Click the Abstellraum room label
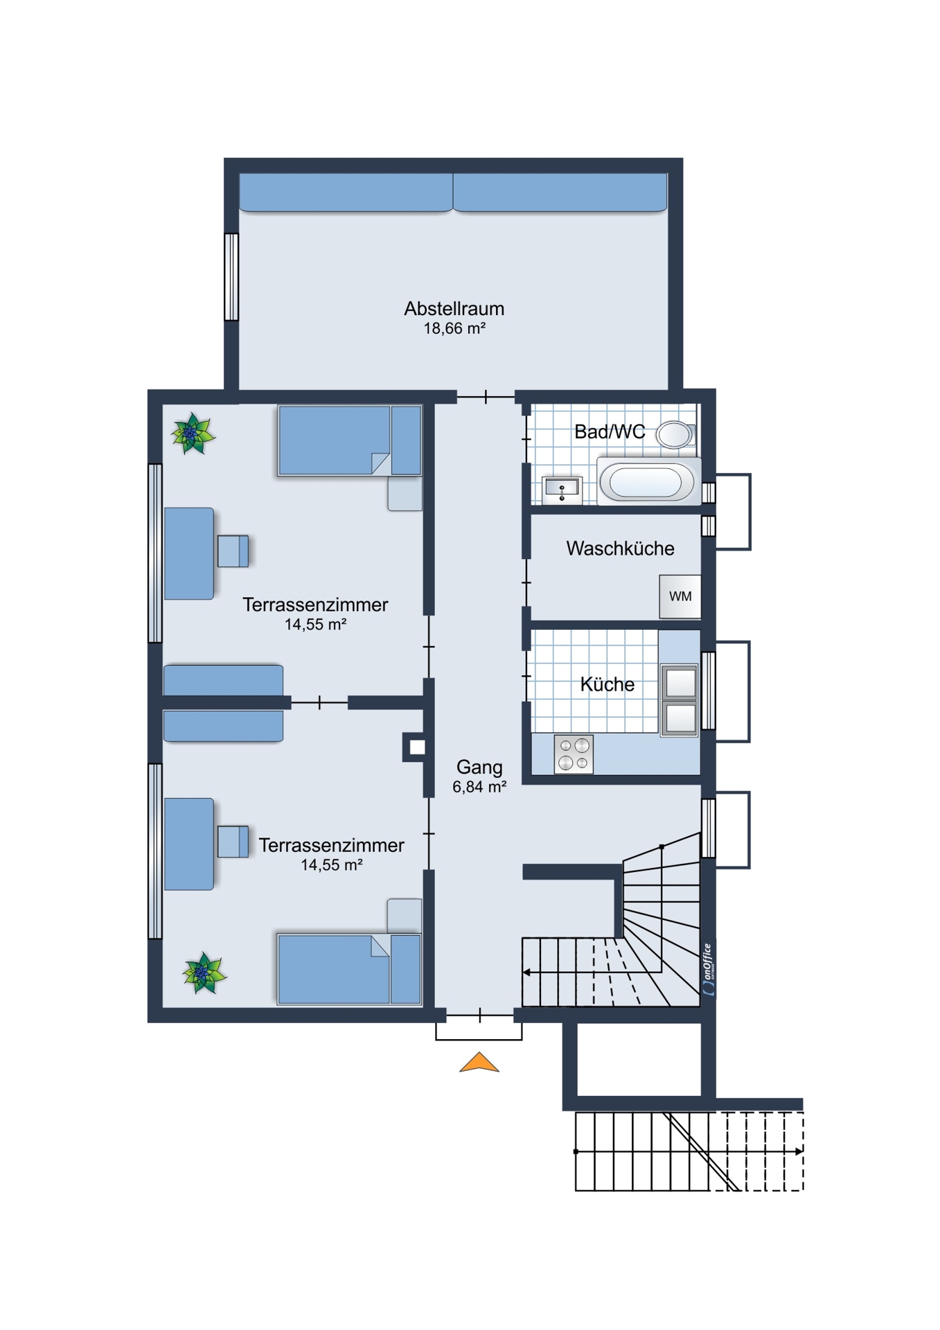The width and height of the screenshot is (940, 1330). [x=454, y=309]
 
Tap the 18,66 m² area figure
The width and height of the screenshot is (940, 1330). [x=454, y=328]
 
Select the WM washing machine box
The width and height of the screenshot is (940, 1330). [x=680, y=596]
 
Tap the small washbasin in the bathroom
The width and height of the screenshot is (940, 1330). [x=562, y=488]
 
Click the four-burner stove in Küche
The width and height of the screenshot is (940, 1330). [x=574, y=754]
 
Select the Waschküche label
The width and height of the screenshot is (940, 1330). [x=620, y=549]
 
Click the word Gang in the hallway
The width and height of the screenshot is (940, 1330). [x=479, y=768]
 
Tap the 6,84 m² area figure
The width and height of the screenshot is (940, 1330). [x=479, y=787]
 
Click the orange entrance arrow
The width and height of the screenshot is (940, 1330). [x=479, y=1063]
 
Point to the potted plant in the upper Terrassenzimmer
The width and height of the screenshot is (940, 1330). [x=193, y=434]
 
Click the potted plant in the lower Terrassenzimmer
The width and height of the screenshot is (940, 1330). [x=204, y=973]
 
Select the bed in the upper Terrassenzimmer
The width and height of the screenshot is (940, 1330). [x=350, y=441]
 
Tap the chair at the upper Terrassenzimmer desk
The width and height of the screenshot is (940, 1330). [x=233, y=551]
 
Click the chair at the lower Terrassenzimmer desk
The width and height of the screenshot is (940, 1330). [x=233, y=842]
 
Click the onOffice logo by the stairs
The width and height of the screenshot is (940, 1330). [x=707, y=969]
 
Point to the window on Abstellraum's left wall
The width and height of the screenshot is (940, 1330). [x=231, y=277]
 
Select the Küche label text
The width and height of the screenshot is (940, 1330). [x=608, y=684]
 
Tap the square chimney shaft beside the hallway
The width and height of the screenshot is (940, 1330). [x=417, y=747]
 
